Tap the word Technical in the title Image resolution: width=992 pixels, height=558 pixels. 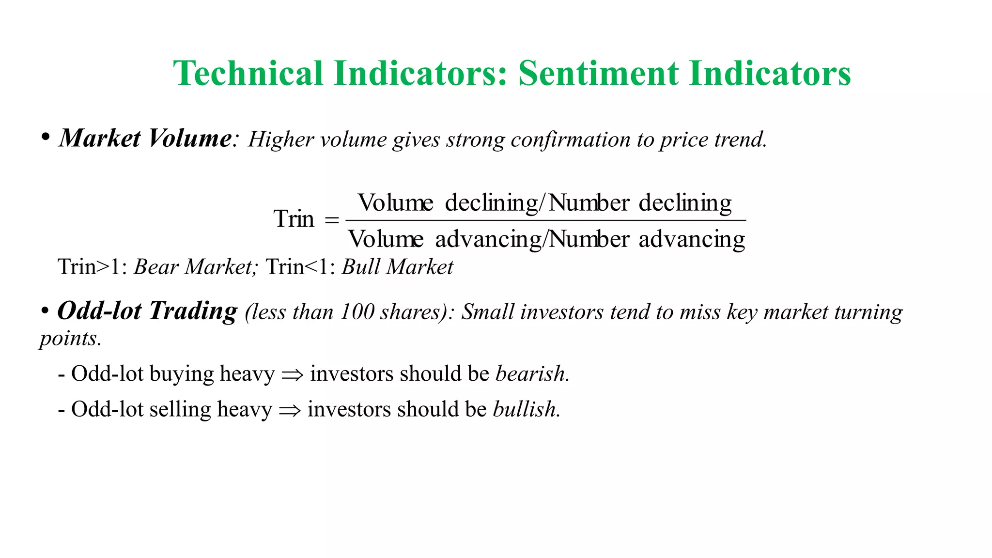point(248,74)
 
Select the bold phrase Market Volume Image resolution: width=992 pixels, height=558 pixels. point(145,139)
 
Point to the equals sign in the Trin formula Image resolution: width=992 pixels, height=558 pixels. point(332,220)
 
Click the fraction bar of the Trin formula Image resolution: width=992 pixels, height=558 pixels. point(545,220)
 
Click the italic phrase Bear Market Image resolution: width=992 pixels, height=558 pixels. point(194,267)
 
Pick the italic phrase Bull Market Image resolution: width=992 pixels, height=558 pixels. point(397,267)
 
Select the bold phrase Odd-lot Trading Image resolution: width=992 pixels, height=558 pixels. point(147,311)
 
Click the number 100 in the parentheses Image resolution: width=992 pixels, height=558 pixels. point(357,312)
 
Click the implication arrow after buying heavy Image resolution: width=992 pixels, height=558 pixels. point(292,374)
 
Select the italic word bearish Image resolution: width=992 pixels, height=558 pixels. point(530,374)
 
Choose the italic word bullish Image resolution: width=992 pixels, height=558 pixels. point(525,409)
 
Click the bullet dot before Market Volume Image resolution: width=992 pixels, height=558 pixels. point(46,137)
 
